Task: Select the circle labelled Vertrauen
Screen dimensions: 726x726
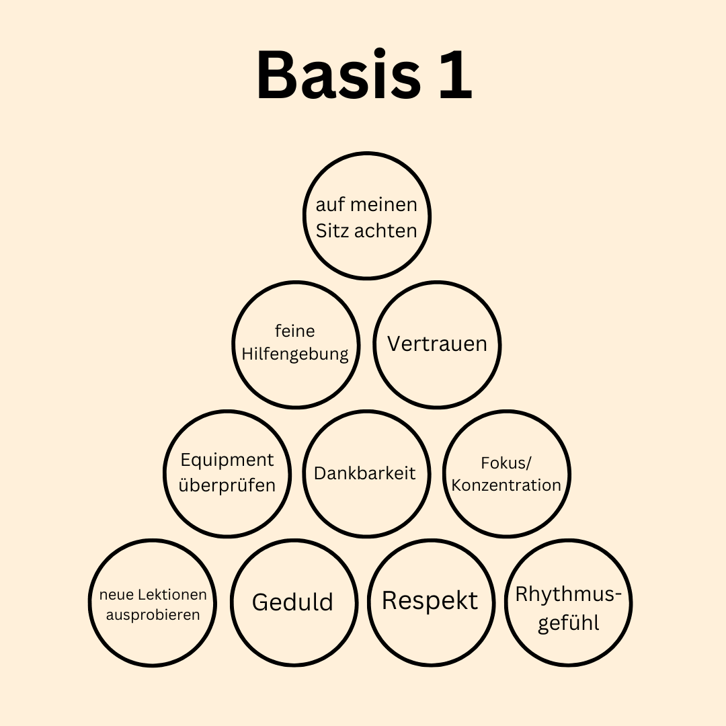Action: point(437,344)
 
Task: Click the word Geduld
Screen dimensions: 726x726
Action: point(292,602)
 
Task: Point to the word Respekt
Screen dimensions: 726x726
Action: point(430,600)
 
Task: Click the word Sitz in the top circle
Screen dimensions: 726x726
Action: point(333,231)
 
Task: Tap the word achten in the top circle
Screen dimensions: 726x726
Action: point(386,231)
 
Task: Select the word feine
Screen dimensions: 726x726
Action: point(295,331)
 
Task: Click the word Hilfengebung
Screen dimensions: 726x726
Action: point(295,354)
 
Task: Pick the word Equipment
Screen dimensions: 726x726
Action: point(227,460)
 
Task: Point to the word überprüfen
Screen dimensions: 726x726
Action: point(227,485)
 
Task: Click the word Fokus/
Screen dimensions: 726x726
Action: point(506,462)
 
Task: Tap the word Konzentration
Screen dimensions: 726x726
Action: point(506,485)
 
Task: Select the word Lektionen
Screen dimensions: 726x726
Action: point(173,595)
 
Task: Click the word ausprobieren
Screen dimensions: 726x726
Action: point(153,615)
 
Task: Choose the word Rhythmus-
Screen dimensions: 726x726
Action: point(569,595)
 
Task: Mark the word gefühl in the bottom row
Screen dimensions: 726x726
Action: point(569,622)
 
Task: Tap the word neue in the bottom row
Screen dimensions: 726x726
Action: point(117,595)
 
